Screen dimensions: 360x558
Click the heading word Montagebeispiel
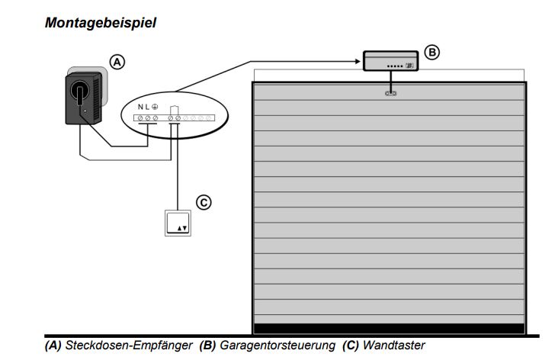tap(101, 23)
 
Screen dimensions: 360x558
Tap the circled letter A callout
tap(117, 62)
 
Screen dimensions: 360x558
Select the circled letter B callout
tap(431, 53)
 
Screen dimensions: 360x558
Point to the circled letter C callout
tap(203, 202)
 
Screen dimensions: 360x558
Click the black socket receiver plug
tap(84, 99)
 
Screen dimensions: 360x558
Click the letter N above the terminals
tap(140, 105)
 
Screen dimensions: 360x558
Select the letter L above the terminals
tap(147, 105)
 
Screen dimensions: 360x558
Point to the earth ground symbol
tap(155, 105)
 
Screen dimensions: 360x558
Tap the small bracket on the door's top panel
tap(390, 93)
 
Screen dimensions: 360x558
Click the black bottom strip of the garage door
tap(389, 328)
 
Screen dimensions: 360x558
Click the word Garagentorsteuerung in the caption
tap(277, 346)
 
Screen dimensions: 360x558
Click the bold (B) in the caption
tap(207, 346)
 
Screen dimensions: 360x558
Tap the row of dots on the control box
tap(395, 66)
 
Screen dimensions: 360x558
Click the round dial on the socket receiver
tap(79, 92)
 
